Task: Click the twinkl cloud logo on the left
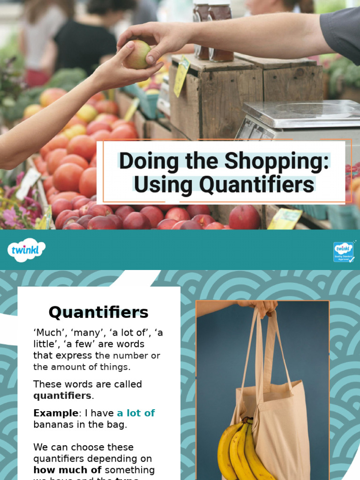[x=26, y=249]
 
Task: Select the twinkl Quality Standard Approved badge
[x=343, y=252]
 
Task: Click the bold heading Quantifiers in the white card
[x=98, y=312]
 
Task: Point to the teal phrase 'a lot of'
[x=136, y=413]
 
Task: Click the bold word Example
[x=55, y=413]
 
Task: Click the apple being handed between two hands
[x=137, y=55]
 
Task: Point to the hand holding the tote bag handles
[x=262, y=307]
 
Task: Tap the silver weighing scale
[x=300, y=117]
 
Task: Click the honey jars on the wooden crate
[x=213, y=30]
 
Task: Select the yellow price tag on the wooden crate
[x=181, y=76]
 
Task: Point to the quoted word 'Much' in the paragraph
[x=49, y=333]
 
